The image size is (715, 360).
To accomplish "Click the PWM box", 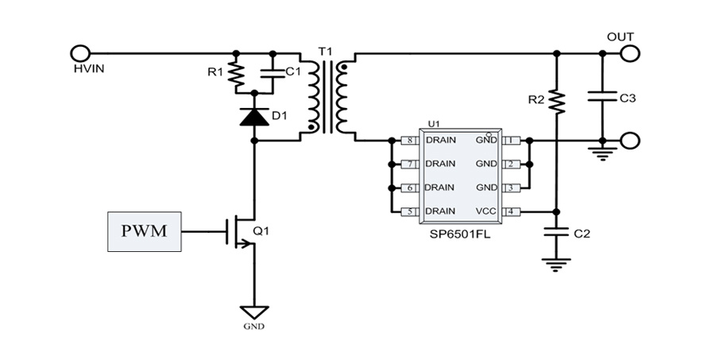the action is [144, 231].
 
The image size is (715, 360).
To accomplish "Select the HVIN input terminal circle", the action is [79, 53].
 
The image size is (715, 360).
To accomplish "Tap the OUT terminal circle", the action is [630, 53].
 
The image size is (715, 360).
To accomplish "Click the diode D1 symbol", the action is [254, 116].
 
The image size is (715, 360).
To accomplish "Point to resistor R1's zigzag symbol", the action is [236, 75].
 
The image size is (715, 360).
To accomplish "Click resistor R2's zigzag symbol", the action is [556, 101].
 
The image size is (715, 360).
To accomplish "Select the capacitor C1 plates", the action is [272, 74].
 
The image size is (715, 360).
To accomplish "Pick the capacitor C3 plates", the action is [602, 96].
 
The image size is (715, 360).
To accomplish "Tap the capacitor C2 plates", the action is [556, 231].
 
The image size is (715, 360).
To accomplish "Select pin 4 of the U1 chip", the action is [511, 211].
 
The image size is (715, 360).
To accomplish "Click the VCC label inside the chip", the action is [486, 211].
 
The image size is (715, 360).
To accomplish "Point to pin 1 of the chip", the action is [511, 140].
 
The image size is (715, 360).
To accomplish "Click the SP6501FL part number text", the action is [460, 234].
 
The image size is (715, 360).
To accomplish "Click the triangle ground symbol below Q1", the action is [254, 312].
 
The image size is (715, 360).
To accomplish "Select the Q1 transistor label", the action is [261, 231].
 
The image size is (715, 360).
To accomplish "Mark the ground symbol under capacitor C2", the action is [556, 265].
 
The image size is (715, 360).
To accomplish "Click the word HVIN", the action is [89, 69].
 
